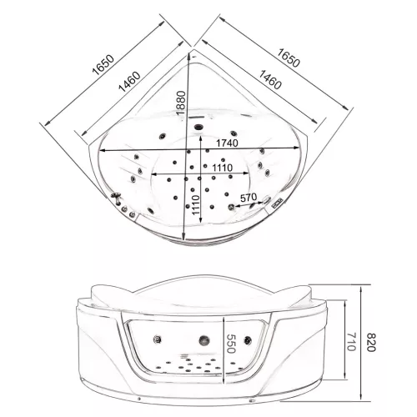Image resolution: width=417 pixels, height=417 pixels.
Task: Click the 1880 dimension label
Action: (x=181, y=103)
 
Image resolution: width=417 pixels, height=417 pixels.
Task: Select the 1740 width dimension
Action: (x=228, y=143)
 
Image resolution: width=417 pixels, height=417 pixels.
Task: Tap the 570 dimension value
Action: (x=249, y=198)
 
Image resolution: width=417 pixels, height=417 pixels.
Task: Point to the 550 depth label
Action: (x=231, y=344)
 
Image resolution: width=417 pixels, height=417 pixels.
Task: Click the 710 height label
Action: (x=351, y=342)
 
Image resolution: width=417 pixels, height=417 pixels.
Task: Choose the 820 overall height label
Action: (x=371, y=342)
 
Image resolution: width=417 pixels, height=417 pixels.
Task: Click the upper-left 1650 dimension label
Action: (x=103, y=65)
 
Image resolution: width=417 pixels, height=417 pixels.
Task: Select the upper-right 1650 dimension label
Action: (x=289, y=58)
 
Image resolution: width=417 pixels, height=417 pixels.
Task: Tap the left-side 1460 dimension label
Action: (x=129, y=82)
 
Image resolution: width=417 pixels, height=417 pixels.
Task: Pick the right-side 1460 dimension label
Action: (x=270, y=79)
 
